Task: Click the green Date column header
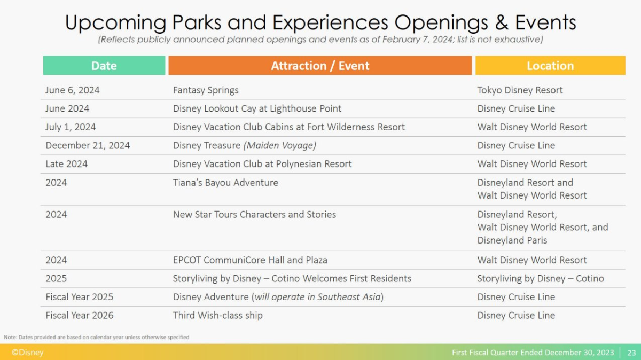pos(104,66)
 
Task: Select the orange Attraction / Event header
pos(320,66)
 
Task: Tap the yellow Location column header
pos(550,66)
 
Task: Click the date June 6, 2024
pos(73,90)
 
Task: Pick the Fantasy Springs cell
pos(206,90)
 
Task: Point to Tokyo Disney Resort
pos(520,90)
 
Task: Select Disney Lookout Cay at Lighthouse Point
pos(257,109)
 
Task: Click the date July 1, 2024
pos(71,127)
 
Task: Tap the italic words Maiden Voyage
pos(280,145)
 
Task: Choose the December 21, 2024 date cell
pos(88,146)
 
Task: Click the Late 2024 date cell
pos(66,164)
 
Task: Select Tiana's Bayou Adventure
pos(225,183)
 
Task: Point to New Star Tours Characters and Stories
pos(254,214)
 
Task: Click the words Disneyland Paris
pos(512,240)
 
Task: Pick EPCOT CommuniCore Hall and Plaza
pos(250,260)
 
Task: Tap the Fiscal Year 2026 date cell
pos(79,315)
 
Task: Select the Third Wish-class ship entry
pos(218,315)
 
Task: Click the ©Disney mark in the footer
pos(27,353)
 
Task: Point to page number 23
pos(631,353)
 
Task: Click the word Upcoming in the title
pos(115,23)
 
